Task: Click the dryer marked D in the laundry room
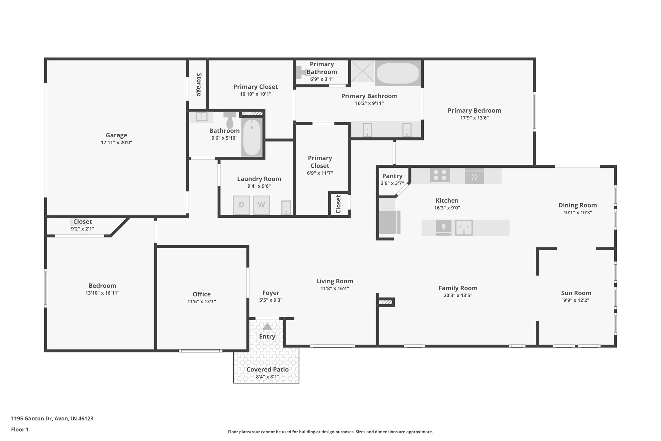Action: tap(241, 205)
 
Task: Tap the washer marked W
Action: tap(261, 205)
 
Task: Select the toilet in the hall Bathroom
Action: tap(230, 121)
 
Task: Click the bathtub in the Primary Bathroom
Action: tap(398, 73)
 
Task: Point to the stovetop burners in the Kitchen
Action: tap(440, 175)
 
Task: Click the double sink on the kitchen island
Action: tap(464, 228)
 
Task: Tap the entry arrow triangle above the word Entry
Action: tap(267, 327)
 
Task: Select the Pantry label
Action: tap(392, 176)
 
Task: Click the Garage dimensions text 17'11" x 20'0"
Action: tap(117, 142)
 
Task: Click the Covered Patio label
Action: tap(268, 369)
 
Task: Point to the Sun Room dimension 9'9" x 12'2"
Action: tap(576, 300)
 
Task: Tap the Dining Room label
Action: tap(577, 205)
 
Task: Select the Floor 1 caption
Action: tap(20, 429)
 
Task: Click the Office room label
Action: tap(202, 294)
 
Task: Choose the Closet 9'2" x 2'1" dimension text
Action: tap(83, 229)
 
